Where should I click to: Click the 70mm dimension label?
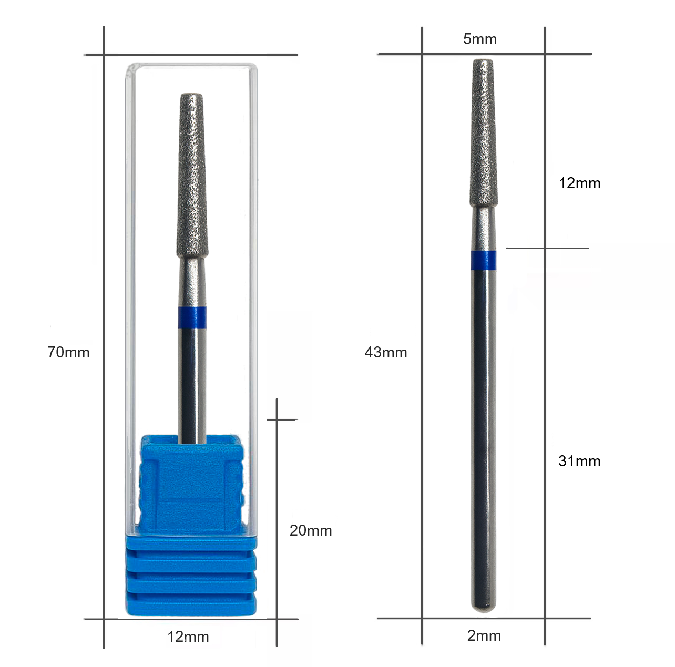point(69,352)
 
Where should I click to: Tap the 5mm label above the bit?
point(480,39)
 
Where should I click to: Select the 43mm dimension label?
point(386,352)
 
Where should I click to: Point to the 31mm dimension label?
point(579,461)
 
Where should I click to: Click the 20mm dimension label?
point(311,531)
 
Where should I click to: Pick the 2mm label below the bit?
point(484,636)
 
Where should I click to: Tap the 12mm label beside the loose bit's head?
point(579,183)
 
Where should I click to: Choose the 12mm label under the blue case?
point(188,637)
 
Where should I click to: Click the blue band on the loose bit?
point(484,260)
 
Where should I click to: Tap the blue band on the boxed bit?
point(192,317)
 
